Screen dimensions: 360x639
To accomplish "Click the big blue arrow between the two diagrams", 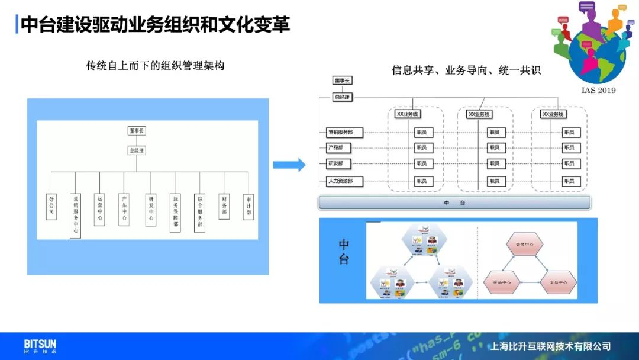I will pos(289,165).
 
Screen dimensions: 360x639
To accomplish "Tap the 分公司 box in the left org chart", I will pos(51,207).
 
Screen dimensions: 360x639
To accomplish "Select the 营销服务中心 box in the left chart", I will pos(75,215).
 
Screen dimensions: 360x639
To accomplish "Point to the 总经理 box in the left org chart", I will pos(137,150).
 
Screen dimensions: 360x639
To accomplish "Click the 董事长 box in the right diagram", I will pos(343,81).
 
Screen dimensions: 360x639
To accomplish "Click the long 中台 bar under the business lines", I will pos(454,203).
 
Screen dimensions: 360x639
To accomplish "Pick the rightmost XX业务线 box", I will pos(554,114).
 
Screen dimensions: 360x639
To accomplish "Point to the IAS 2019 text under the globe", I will pos(599,90).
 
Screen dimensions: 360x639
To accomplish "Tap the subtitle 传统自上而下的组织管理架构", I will pos(155,66).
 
